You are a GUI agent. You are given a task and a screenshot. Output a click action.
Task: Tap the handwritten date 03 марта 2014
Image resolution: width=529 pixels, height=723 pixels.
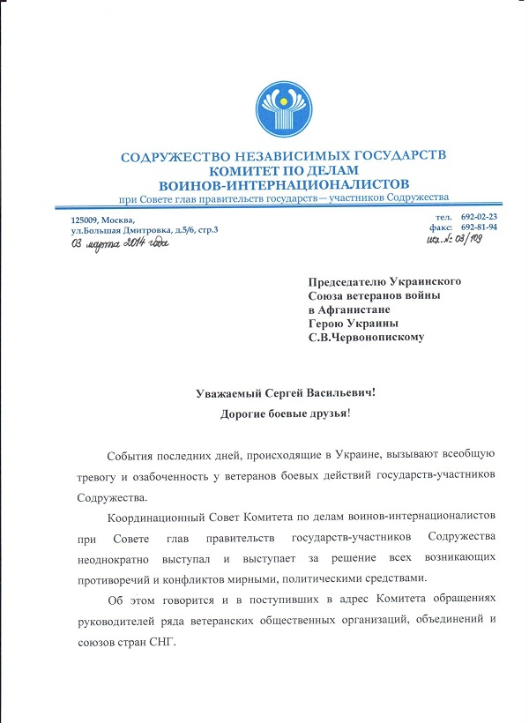119,242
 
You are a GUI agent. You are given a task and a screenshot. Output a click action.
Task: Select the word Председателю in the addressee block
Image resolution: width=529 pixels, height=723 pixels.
347,281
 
